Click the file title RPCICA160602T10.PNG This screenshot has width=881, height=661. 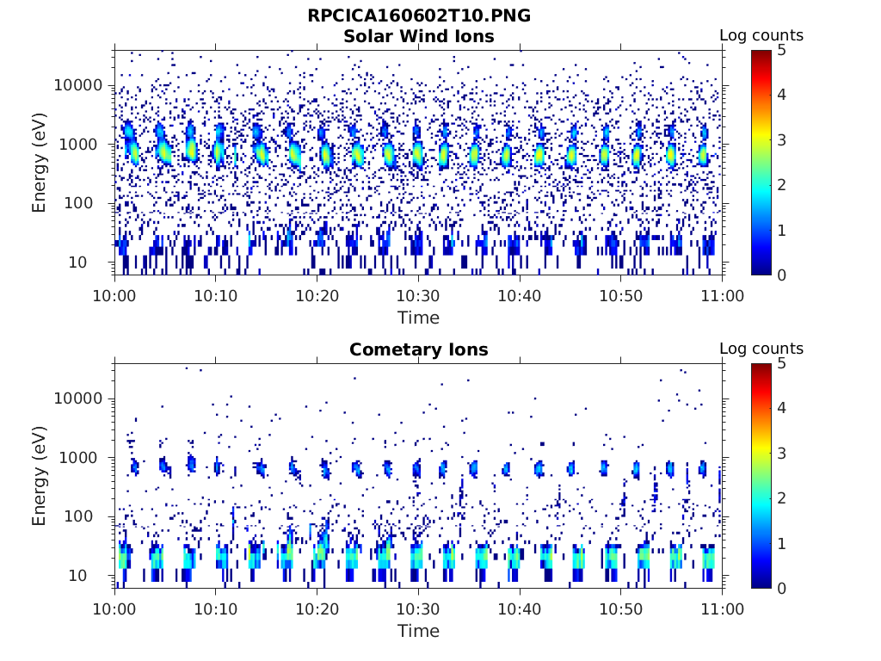pos(418,15)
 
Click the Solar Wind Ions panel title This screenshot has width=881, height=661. pos(418,36)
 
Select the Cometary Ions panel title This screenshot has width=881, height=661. pos(418,349)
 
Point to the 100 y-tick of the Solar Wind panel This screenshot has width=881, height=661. pos(91,203)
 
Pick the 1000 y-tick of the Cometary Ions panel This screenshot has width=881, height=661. pos(85,458)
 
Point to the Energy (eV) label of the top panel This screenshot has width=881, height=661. pos(40,163)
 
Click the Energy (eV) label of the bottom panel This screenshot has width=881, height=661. pos(40,476)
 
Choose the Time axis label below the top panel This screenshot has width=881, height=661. pos(418,318)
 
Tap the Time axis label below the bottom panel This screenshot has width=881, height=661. pos(418,631)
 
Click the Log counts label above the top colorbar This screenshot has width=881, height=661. pos(761,35)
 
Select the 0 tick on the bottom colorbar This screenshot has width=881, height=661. pos(781,588)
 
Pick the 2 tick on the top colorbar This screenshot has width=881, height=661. pos(781,185)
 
